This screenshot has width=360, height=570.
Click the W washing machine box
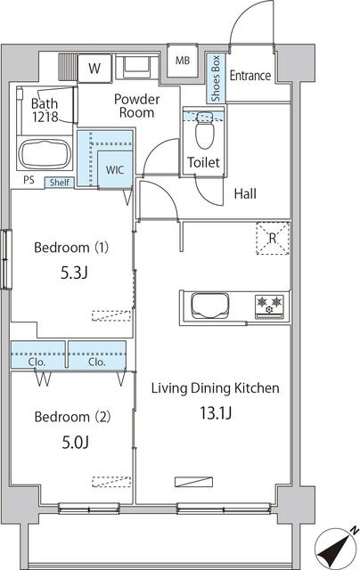click(94, 67)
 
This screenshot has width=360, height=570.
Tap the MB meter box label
click(183, 61)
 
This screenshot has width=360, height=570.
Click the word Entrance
click(250, 76)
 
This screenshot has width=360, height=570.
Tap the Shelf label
click(60, 182)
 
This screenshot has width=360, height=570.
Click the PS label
click(29, 182)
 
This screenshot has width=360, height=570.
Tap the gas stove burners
click(270, 306)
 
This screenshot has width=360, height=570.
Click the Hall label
click(247, 193)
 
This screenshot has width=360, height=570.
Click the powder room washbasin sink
click(136, 66)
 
